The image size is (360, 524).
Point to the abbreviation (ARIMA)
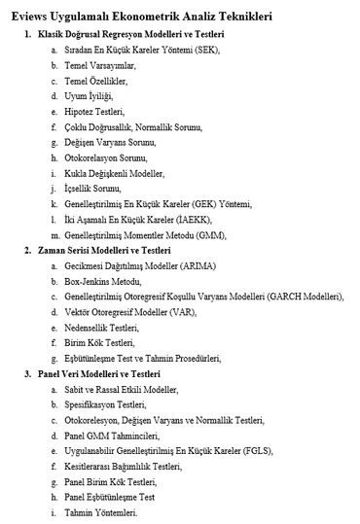click(x=203, y=264)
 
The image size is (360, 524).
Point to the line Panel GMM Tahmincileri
click(x=120, y=435)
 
